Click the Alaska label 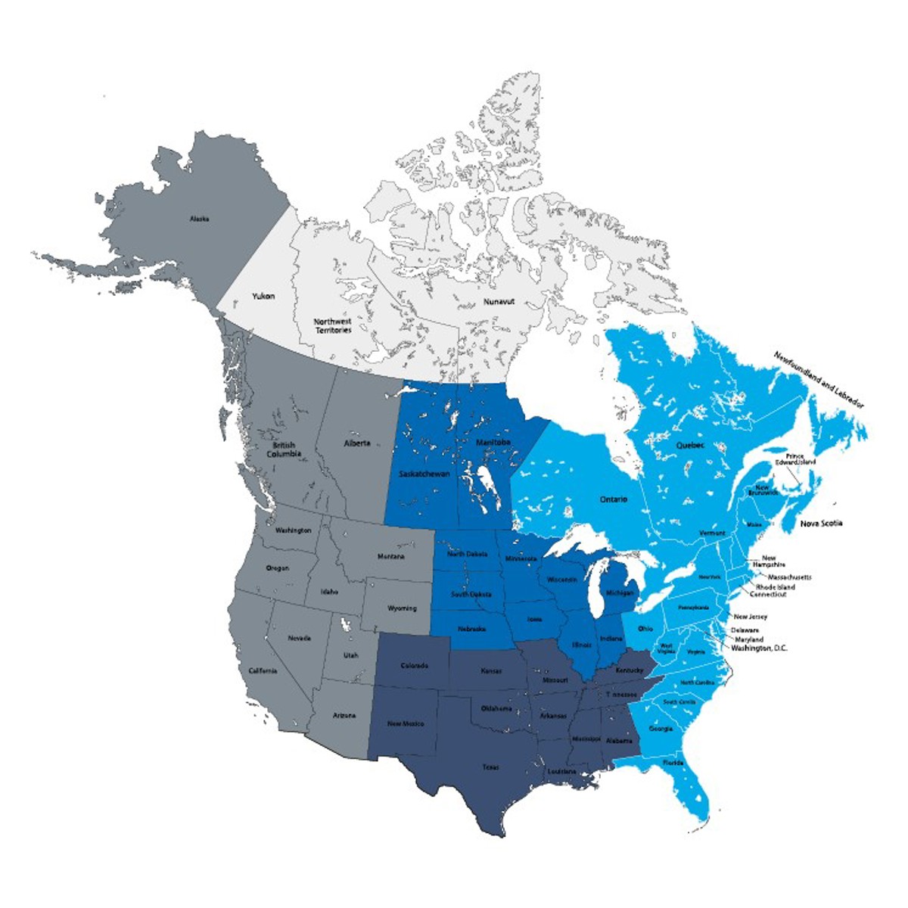(200, 219)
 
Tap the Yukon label (263, 297)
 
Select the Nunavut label (498, 301)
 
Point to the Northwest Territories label (333, 326)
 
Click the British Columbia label (286, 449)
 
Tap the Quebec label (689, 446)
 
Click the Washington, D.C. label (759, 648)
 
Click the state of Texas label (491, 767)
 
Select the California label (263, 671)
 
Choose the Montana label (390, 557)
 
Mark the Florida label (673, 763)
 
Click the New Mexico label (406, 724)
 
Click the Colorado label (415, 666)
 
